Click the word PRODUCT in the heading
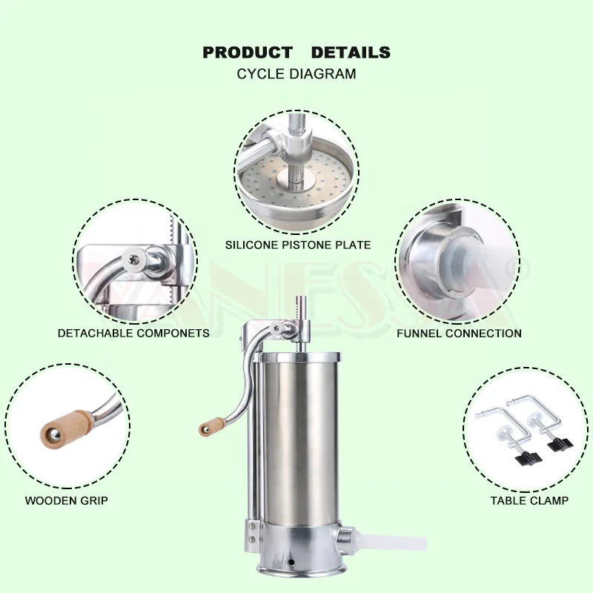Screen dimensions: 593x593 248,53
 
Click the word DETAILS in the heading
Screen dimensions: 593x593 351,53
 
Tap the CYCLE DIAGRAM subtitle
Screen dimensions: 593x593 296,74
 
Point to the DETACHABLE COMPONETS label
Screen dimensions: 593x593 133,334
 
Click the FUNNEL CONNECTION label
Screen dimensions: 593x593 459,334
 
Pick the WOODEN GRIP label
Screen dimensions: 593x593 67,500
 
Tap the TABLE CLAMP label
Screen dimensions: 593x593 529,500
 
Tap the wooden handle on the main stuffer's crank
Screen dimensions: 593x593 213,426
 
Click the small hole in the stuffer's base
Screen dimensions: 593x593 291,561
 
